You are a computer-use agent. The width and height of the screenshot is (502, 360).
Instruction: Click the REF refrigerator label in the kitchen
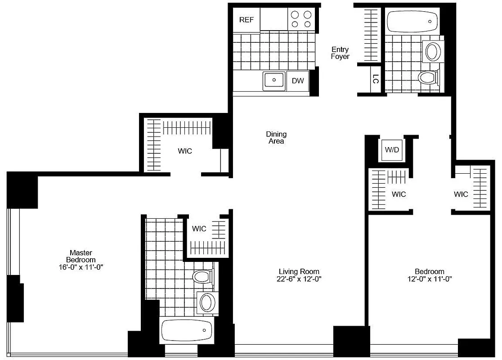tap(247, 20)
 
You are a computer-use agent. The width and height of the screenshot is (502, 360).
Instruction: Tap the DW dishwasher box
tap(298, 81)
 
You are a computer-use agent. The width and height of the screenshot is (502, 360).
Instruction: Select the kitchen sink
tap(273, 81)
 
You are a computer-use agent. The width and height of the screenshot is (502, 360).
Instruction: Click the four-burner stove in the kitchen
tap(301, 19)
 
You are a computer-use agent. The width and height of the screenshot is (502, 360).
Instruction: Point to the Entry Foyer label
tap(340, 53)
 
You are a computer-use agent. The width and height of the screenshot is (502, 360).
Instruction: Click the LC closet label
tap(376, 79)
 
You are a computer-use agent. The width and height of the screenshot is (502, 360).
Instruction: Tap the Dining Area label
tap(276, 138)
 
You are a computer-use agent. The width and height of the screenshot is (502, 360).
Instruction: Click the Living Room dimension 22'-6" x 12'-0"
tap(299, 279)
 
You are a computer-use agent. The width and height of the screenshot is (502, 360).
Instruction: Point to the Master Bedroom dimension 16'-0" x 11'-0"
tap(81, 267)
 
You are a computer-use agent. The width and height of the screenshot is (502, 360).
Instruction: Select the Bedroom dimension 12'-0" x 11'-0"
tap(429, 279)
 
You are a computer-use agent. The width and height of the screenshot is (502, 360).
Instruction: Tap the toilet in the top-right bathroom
tap(428, 77)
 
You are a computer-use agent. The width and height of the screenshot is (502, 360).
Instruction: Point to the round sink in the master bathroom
tap(207, 302)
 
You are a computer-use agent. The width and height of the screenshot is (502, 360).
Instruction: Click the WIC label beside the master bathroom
tap(199, 229)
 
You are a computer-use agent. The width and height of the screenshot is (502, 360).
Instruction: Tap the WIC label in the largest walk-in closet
tap(185, 151)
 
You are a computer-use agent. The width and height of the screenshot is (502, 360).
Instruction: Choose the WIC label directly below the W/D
tap(399, 194)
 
